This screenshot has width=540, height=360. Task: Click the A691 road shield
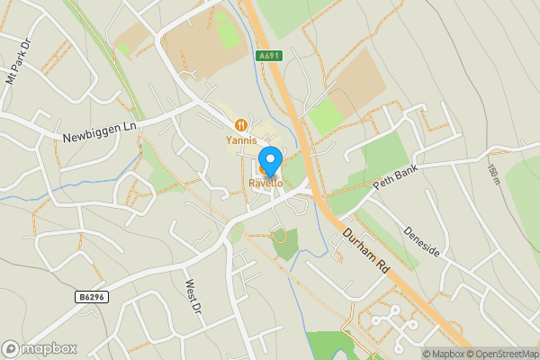coord(267,56)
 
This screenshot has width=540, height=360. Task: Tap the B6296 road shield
coord(91,297)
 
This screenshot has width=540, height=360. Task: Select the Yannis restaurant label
coord(240,140)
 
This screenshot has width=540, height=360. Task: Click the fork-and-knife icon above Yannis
coord(240,126)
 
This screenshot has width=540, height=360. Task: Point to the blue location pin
coord(269,159)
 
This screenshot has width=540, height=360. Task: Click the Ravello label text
coord(265,184)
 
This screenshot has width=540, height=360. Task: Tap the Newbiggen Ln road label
coord(100,132)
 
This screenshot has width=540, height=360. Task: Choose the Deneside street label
coord(422,239)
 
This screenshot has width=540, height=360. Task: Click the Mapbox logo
coord(39,348)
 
